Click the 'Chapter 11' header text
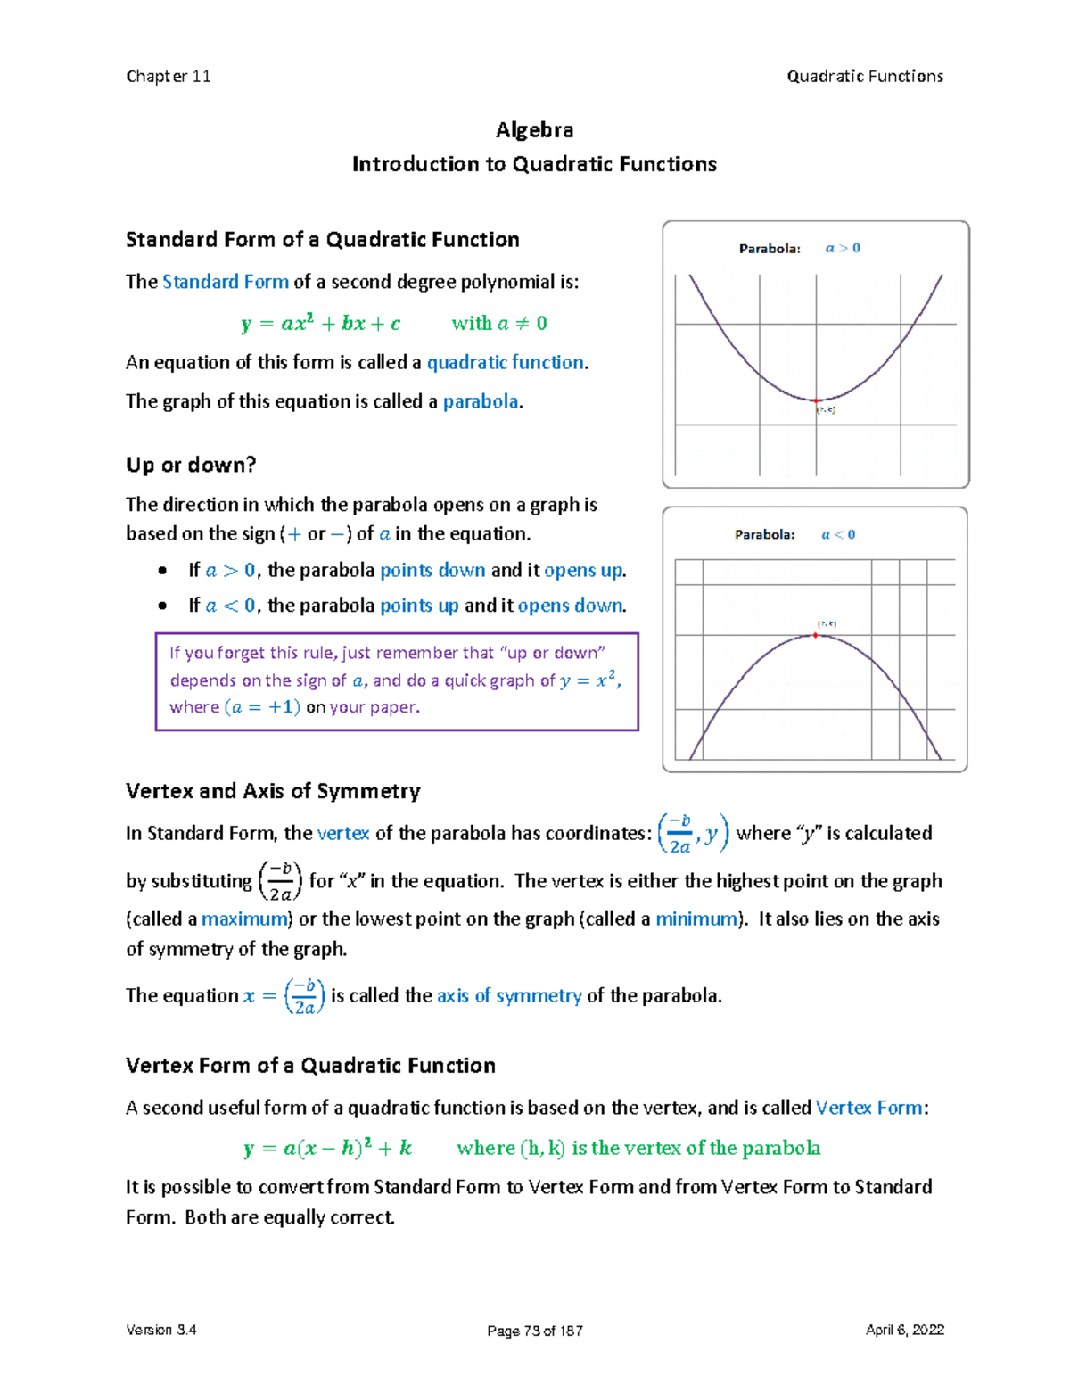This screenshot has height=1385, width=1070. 169,77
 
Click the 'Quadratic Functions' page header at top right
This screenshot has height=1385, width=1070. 864,77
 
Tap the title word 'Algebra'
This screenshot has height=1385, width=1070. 534,130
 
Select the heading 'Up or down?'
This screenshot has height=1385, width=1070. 191,465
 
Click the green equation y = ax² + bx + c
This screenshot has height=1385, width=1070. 320,324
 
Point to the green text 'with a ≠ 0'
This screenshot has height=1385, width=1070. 498,324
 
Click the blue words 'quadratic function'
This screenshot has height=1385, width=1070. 506,362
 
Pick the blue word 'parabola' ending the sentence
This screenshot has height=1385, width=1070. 481,401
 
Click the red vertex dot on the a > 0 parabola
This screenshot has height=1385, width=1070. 816,400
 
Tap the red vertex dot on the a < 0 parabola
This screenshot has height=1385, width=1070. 815,635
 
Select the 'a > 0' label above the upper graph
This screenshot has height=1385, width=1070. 843,248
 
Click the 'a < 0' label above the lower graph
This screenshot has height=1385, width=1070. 838,534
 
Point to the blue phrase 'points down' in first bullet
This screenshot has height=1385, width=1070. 432,570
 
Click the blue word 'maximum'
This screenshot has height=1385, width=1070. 245,919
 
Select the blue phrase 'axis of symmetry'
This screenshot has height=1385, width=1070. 509,995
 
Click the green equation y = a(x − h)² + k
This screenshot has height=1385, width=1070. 327,1148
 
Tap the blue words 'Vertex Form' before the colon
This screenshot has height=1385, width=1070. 868,1108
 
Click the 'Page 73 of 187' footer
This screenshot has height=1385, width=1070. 534,1331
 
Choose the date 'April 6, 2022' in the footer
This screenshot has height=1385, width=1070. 904,1330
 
